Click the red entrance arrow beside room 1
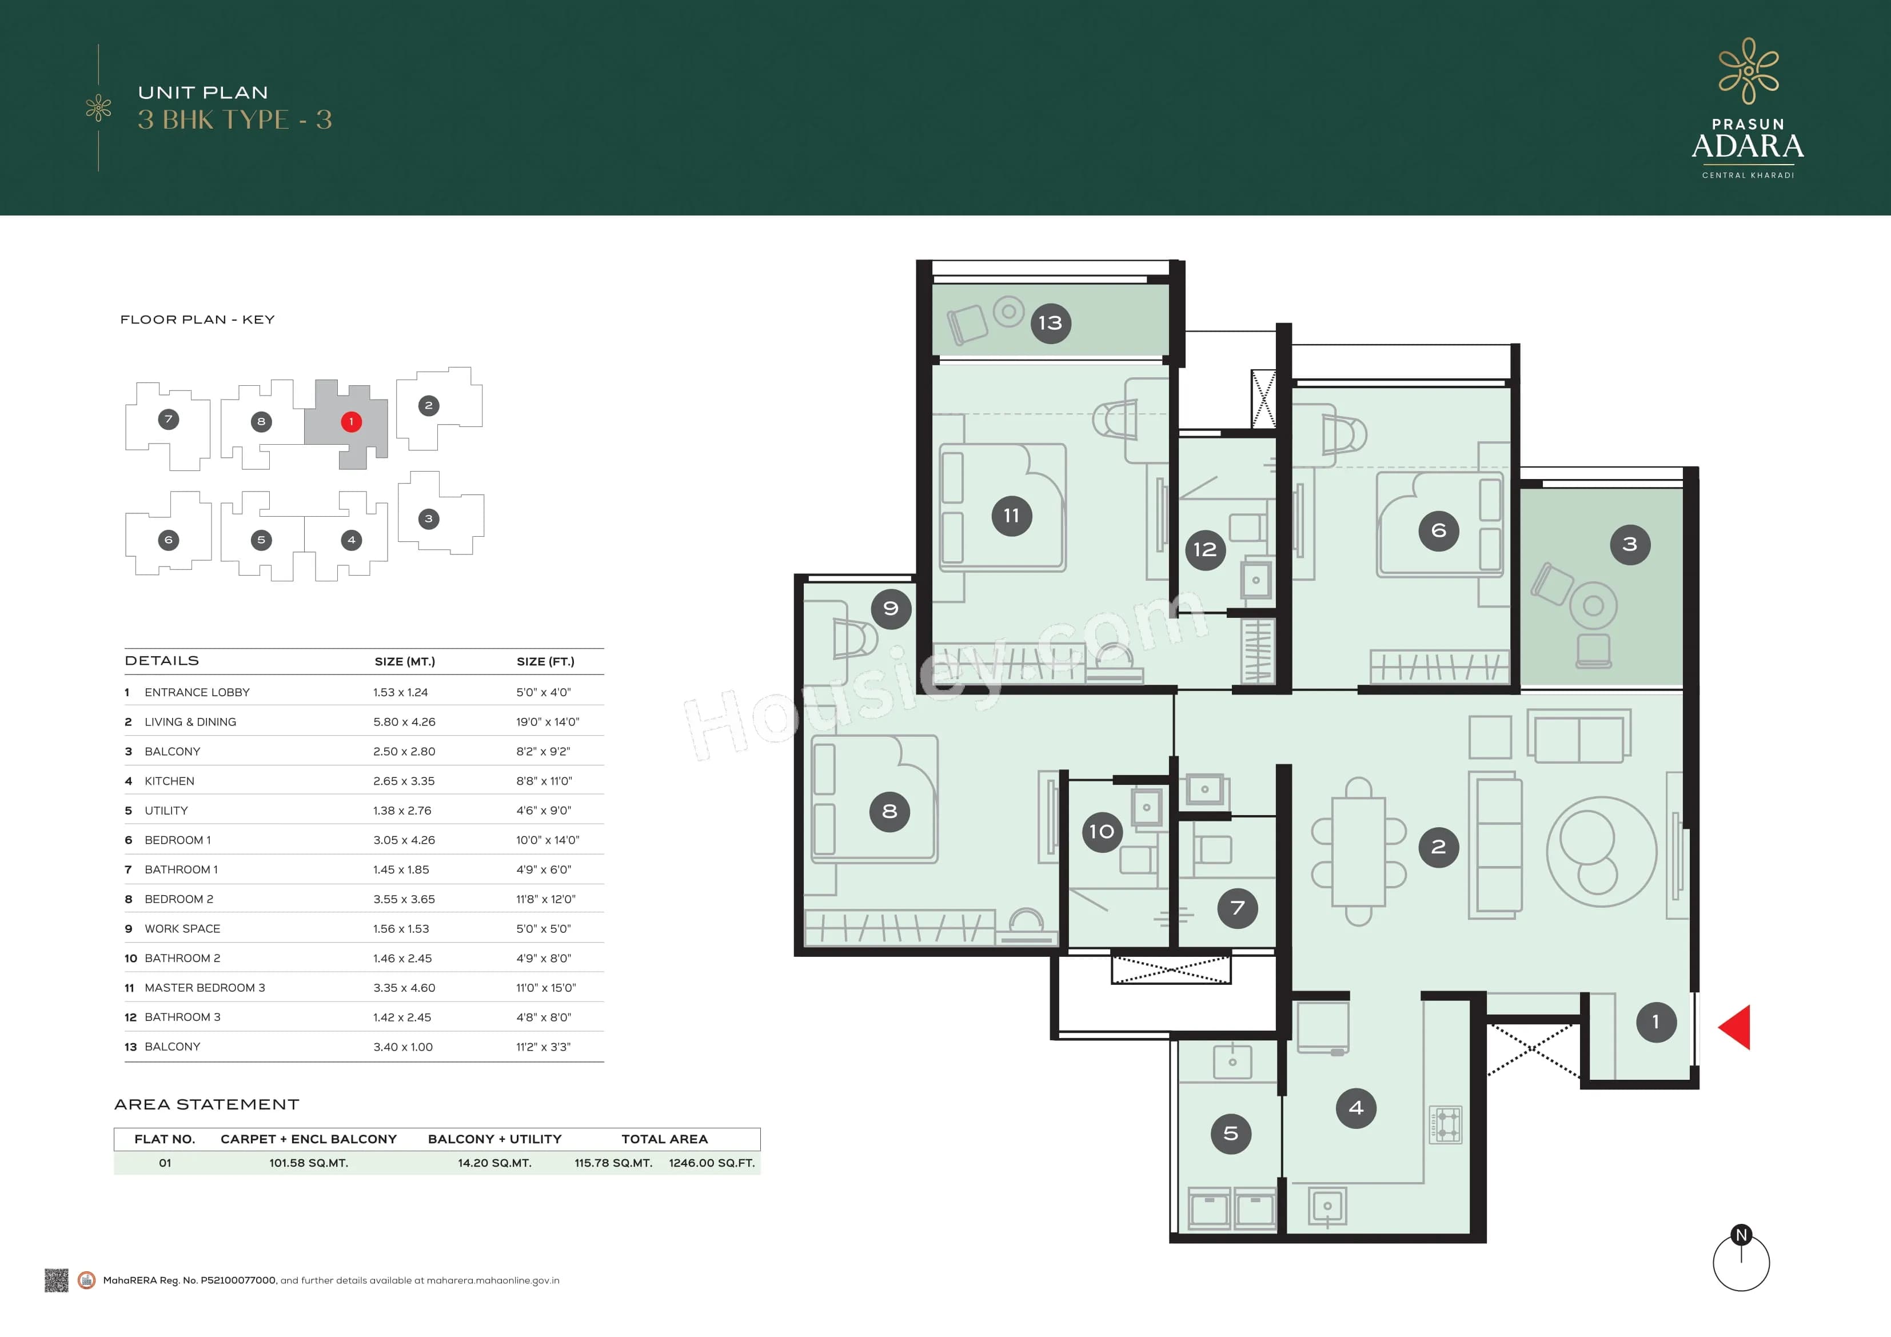1736,1027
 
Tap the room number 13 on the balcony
1050,323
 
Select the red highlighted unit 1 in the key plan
351,422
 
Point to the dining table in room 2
1358,852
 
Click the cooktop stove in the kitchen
1445,1124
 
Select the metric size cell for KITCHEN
404,781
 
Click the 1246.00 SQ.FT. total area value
712,1163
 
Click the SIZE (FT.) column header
545,661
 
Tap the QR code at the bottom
56,1280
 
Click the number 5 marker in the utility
1231,1134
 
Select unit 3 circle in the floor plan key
428,519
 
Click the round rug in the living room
1601,852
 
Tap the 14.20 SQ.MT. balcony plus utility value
494,1163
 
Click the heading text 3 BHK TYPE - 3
235,120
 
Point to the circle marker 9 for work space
890,609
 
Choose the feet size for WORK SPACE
542,928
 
